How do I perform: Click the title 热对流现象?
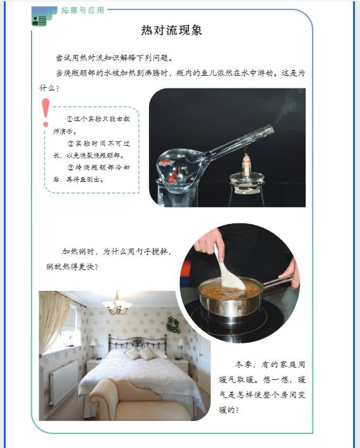point(172,30)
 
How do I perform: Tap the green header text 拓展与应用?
point(83,10)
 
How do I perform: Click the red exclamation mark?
point(45,112)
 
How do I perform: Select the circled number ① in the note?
point(69,119)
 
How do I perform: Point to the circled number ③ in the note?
point(71,168)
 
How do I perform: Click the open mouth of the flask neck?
point(270,130)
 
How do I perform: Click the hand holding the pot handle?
point(291,273)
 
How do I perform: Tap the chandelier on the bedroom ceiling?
point(117,304)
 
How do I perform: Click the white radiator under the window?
point(64,382)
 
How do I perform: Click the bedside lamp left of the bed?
point(93,348)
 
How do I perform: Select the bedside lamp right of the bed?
point(181,348)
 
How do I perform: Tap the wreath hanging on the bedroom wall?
point(173,325)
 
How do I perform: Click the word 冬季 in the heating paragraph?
point(244,365)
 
